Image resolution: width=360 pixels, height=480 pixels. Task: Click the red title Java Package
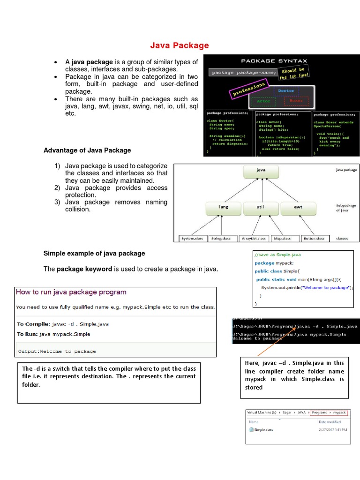click(180, 45)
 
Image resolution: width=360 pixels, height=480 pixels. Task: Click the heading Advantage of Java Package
click(87, 150)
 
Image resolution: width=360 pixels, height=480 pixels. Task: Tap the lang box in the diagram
click(223, 207)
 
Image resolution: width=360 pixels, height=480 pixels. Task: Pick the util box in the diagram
click(261, 207)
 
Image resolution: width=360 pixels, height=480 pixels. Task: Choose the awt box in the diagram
click(298, 207)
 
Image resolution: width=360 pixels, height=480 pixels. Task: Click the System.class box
click(192, 239)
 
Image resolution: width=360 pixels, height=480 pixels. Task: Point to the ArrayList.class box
click(253, 239)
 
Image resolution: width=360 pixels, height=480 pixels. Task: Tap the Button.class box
click(314, 239)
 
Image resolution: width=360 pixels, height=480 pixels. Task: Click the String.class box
click(221, 239)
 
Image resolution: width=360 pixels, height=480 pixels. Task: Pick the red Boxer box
click(296, 101)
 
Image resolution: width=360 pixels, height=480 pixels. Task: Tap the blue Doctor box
click(286, 90)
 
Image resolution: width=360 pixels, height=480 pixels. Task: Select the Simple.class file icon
click(252, 429)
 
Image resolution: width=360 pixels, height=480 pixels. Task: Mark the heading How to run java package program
click(71, 292)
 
